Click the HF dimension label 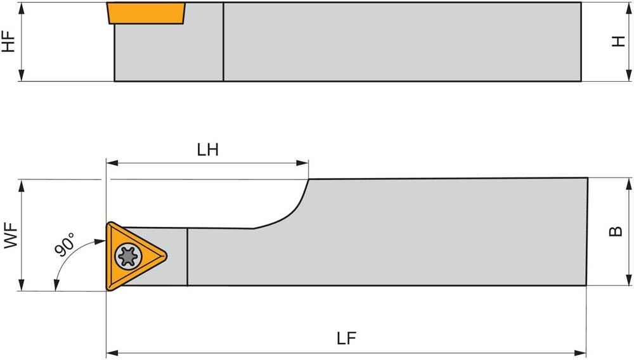(x=9, y=41)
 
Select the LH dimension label (x=208, y=150)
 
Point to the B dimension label (x=615, y=232)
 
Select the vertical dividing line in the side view (x=223, y=42)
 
